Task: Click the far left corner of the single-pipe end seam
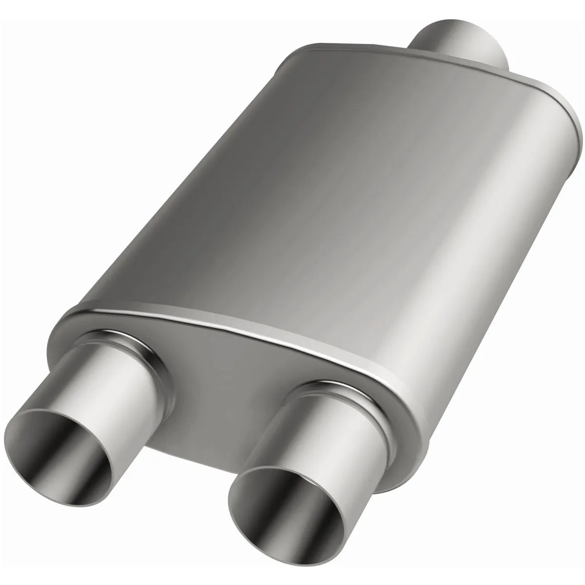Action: [x=292, y=54]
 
